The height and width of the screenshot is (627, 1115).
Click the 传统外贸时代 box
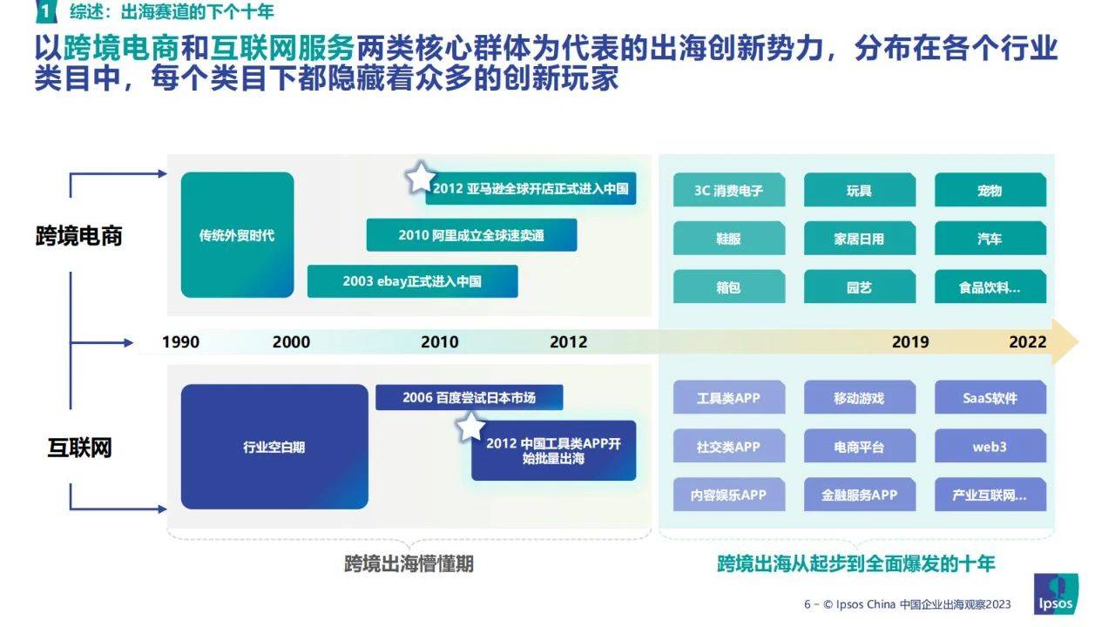tap(238, 235)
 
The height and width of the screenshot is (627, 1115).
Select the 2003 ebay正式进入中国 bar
tap(413, 281)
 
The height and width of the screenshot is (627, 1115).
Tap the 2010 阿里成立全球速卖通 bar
tap(471, 235)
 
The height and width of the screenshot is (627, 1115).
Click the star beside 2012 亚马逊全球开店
tap(420, 178)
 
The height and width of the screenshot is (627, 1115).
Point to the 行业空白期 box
tap(274, 447)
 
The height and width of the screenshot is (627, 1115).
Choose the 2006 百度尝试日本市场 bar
tap(470, 397)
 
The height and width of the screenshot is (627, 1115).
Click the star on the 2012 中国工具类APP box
tap(470, 428)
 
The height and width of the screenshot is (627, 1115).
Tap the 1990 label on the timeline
tap(180, 342)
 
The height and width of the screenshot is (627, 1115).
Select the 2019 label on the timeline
tap(910, 342)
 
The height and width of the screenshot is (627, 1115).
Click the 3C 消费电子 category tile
tap(729, 190)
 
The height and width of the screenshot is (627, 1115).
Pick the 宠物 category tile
tap(990, 190)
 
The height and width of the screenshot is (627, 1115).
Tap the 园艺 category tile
tap(860, 287)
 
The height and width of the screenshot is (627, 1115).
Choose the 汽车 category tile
tap(990, 239)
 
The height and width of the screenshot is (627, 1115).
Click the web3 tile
tap(990, 446)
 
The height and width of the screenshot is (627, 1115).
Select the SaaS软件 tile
tap(990, 397)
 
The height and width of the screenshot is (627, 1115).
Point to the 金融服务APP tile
tap(860, 494)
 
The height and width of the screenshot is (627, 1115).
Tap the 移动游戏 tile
tap(860, 397)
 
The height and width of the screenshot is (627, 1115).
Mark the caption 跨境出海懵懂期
tap(409, 563)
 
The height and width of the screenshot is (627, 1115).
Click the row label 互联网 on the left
tap(79, 448)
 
